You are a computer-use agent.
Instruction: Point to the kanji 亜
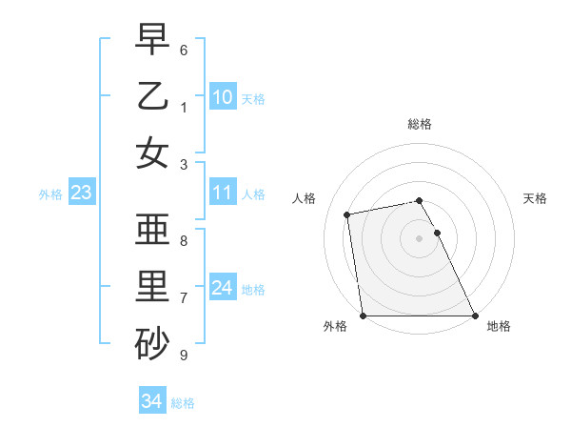tap(152, 231)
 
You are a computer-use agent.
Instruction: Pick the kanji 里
tap(152, 288)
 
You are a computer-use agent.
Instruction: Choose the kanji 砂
tap(152, 345)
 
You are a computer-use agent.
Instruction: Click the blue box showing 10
tap(222, 96)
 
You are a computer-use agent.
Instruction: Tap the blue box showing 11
tap(222, 193)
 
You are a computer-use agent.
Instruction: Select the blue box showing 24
tap(222, 288)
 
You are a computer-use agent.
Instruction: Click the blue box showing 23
tap(81, 193)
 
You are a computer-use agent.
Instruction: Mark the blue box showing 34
tap(151, 401)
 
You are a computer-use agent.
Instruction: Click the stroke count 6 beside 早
tap(184, 50)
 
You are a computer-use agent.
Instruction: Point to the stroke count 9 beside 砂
tap(184, 356)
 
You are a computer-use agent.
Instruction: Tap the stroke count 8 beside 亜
tap(184, 241)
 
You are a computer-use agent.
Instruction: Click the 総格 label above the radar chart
tap(420, 124)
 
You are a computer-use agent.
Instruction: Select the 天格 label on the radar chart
tap(536, 198)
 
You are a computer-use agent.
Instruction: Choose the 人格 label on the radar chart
tap(305, 198)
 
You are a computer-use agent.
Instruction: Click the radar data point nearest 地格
tap(474, 316)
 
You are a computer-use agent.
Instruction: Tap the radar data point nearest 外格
tap(363, 316)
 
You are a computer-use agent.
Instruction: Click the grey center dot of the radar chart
tap(419, 238)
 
